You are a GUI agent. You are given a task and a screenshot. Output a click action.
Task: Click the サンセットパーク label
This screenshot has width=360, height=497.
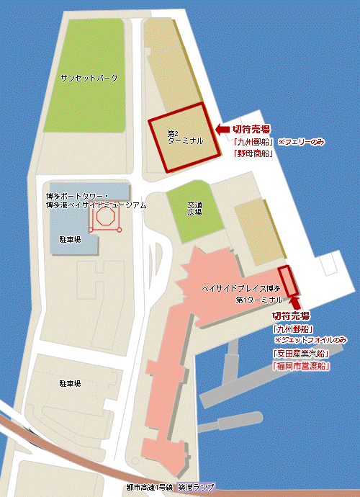point(89,77)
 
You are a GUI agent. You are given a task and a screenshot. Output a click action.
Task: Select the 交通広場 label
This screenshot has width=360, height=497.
point(194,209)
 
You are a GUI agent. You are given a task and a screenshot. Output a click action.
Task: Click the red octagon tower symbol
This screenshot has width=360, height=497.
point(106,218)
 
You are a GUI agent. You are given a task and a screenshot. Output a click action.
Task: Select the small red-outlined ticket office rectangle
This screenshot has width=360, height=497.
point(287,279)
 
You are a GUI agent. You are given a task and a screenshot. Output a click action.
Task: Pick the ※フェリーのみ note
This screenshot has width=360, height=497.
point(302,143)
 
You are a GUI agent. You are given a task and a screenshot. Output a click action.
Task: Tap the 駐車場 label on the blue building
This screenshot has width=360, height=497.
point(70,238)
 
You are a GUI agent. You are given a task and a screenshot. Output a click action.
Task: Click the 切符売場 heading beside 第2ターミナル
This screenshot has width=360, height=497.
point(251,129)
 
